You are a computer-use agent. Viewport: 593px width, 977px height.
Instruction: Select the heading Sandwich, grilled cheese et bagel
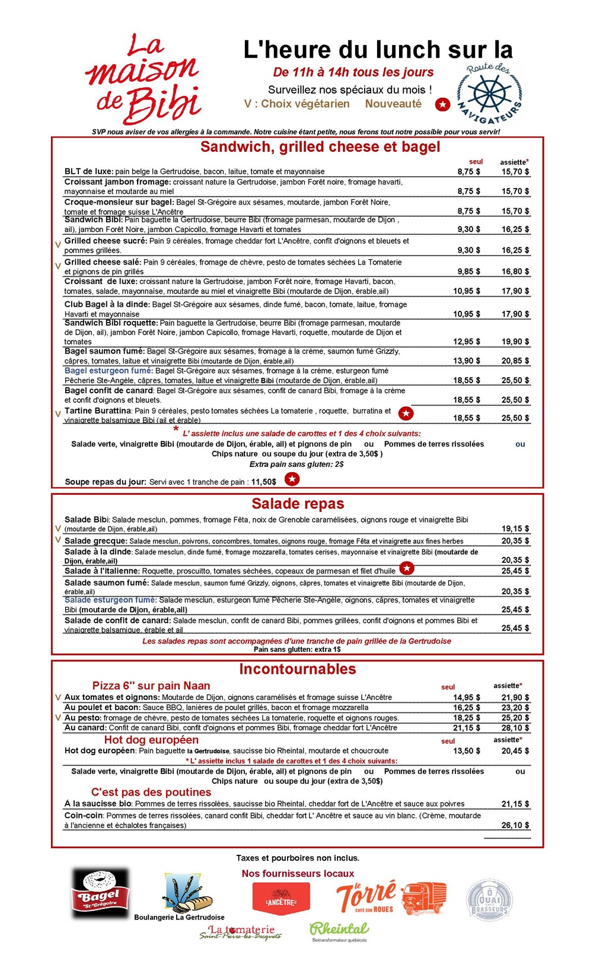click(x=320, y=147)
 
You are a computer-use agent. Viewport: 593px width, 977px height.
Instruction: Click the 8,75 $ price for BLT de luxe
click(x=468, y=171)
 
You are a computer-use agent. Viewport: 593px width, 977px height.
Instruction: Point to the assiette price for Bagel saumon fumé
click(x=515, y=361)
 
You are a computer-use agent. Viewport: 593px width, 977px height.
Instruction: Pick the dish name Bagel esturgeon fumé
click(x=109, y=371)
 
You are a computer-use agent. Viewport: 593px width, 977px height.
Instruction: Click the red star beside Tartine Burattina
click(x=406, y=413)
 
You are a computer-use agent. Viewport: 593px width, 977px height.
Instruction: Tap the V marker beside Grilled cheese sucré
click(x=58, y=244)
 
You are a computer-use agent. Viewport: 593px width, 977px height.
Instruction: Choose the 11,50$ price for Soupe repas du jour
click(x=263, y=482)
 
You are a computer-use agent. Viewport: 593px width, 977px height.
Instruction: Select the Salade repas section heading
click(x=298, y=504)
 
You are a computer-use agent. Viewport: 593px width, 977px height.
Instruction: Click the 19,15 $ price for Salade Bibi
click(x=515, y=529)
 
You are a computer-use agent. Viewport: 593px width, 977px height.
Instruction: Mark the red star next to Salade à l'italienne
click(x=406, y=568)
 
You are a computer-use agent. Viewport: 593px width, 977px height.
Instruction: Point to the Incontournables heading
click(x=298, y=669)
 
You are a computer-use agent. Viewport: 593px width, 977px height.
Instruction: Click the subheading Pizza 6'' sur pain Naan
click(x=151, y=686)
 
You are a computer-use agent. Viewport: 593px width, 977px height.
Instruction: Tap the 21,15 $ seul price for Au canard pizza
click(x=467, y=728)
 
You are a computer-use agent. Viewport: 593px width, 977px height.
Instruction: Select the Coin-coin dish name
click(x=84, y=816)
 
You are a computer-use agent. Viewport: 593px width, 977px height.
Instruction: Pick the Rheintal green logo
click(x=339, y=930)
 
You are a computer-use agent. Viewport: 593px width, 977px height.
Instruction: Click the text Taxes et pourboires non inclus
click(x=298, y=858)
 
